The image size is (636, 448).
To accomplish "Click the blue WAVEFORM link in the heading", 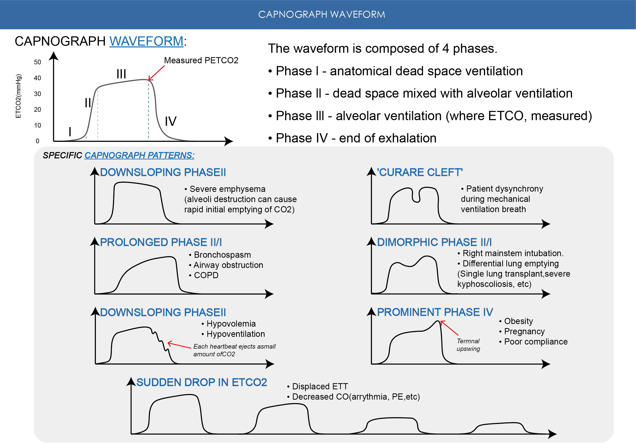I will point(146,41).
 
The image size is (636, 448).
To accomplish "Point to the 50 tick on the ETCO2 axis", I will point(37,62).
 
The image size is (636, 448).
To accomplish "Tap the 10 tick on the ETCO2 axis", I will point(37,126).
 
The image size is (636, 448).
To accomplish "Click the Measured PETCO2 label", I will point(201,60).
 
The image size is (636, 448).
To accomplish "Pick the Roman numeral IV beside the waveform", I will point(171,121).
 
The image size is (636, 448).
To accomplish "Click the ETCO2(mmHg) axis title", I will point(18,96).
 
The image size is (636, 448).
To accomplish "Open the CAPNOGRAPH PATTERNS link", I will point(139,155).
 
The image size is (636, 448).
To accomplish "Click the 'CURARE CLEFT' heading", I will point(420,172).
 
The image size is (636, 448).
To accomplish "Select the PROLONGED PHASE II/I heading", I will point(161,242).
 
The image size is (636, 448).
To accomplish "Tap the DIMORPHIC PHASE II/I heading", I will point(434,242).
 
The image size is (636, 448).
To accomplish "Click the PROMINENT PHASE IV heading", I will point(435,312).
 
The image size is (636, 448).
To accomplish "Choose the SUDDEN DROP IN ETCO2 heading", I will point(202,382).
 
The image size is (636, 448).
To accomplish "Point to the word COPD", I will point(206,275).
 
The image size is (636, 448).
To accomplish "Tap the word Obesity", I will point(518,321).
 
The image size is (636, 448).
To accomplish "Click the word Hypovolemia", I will point(231,324).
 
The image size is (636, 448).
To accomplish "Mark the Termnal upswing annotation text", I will point(468,345).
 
